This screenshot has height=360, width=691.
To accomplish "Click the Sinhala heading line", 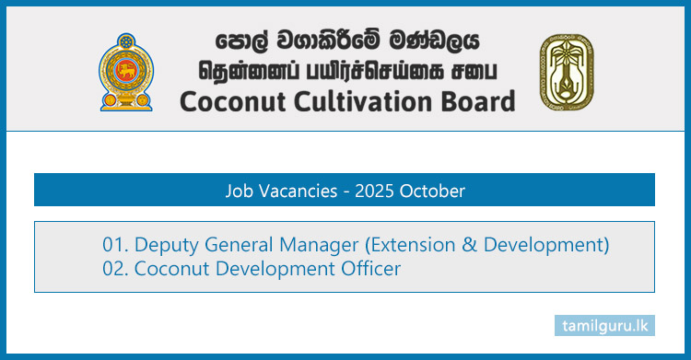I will [x=347, y=41].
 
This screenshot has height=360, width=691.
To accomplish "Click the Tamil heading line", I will [x=347, y=70].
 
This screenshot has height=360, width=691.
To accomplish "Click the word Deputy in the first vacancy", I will [x=166, y=246].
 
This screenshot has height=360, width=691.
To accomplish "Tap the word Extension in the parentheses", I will [x=413, y=246].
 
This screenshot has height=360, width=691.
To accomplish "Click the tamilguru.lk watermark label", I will [x=604, y=325].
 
